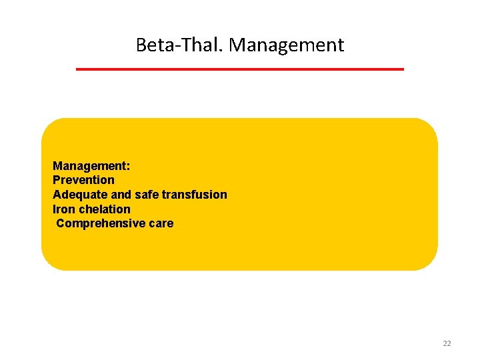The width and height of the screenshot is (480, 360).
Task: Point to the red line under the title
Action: tap(240, 69)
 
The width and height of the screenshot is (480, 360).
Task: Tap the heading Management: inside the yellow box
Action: tap(91, 165)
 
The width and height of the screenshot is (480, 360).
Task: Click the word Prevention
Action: tap(83, 180)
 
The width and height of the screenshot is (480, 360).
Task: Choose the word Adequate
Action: tap(76, 195)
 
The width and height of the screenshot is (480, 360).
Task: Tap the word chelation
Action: tap(105, 209)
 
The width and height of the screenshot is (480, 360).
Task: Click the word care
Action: tap(161, 223)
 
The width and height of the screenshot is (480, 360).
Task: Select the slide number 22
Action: tap(447, 343)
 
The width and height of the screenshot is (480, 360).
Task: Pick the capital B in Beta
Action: tap(141, 45)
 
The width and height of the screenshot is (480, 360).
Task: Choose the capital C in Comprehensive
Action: tap(61, 223)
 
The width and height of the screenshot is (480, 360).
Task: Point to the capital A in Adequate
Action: tap(57, 195)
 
